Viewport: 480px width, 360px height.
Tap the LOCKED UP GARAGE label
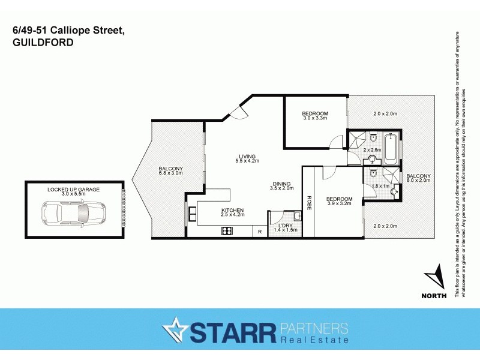74,189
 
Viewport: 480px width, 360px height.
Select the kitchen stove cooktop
227,230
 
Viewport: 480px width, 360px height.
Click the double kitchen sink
192,214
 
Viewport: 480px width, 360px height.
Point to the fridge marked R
260,231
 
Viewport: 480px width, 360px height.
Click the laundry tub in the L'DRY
298,215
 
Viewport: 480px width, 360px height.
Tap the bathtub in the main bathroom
391,149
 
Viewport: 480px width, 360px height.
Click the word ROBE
309,203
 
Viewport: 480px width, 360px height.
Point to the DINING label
281,184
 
